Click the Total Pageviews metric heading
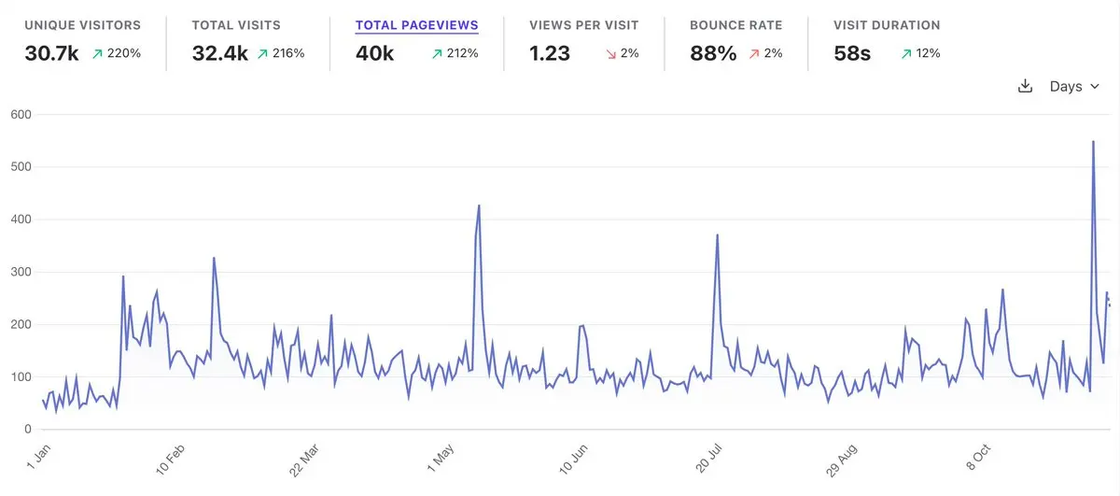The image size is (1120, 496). pos(416,25)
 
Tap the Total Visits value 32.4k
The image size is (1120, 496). pos(219,53)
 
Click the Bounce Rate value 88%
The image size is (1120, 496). pos(713,53)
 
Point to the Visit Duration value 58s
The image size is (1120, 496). pos(852,53)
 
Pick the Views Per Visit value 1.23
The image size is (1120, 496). pos(549,53)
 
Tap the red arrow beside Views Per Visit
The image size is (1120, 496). pos(611,54)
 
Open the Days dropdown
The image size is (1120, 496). pos(1074,86)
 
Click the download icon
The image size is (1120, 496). pos(1025,86)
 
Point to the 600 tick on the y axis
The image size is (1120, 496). pos(21,115)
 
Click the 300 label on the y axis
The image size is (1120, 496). pos(21,272)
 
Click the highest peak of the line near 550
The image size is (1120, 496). pos(1093,142)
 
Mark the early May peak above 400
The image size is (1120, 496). pos(479,206)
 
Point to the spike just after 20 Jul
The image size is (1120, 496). pos(717,235)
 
